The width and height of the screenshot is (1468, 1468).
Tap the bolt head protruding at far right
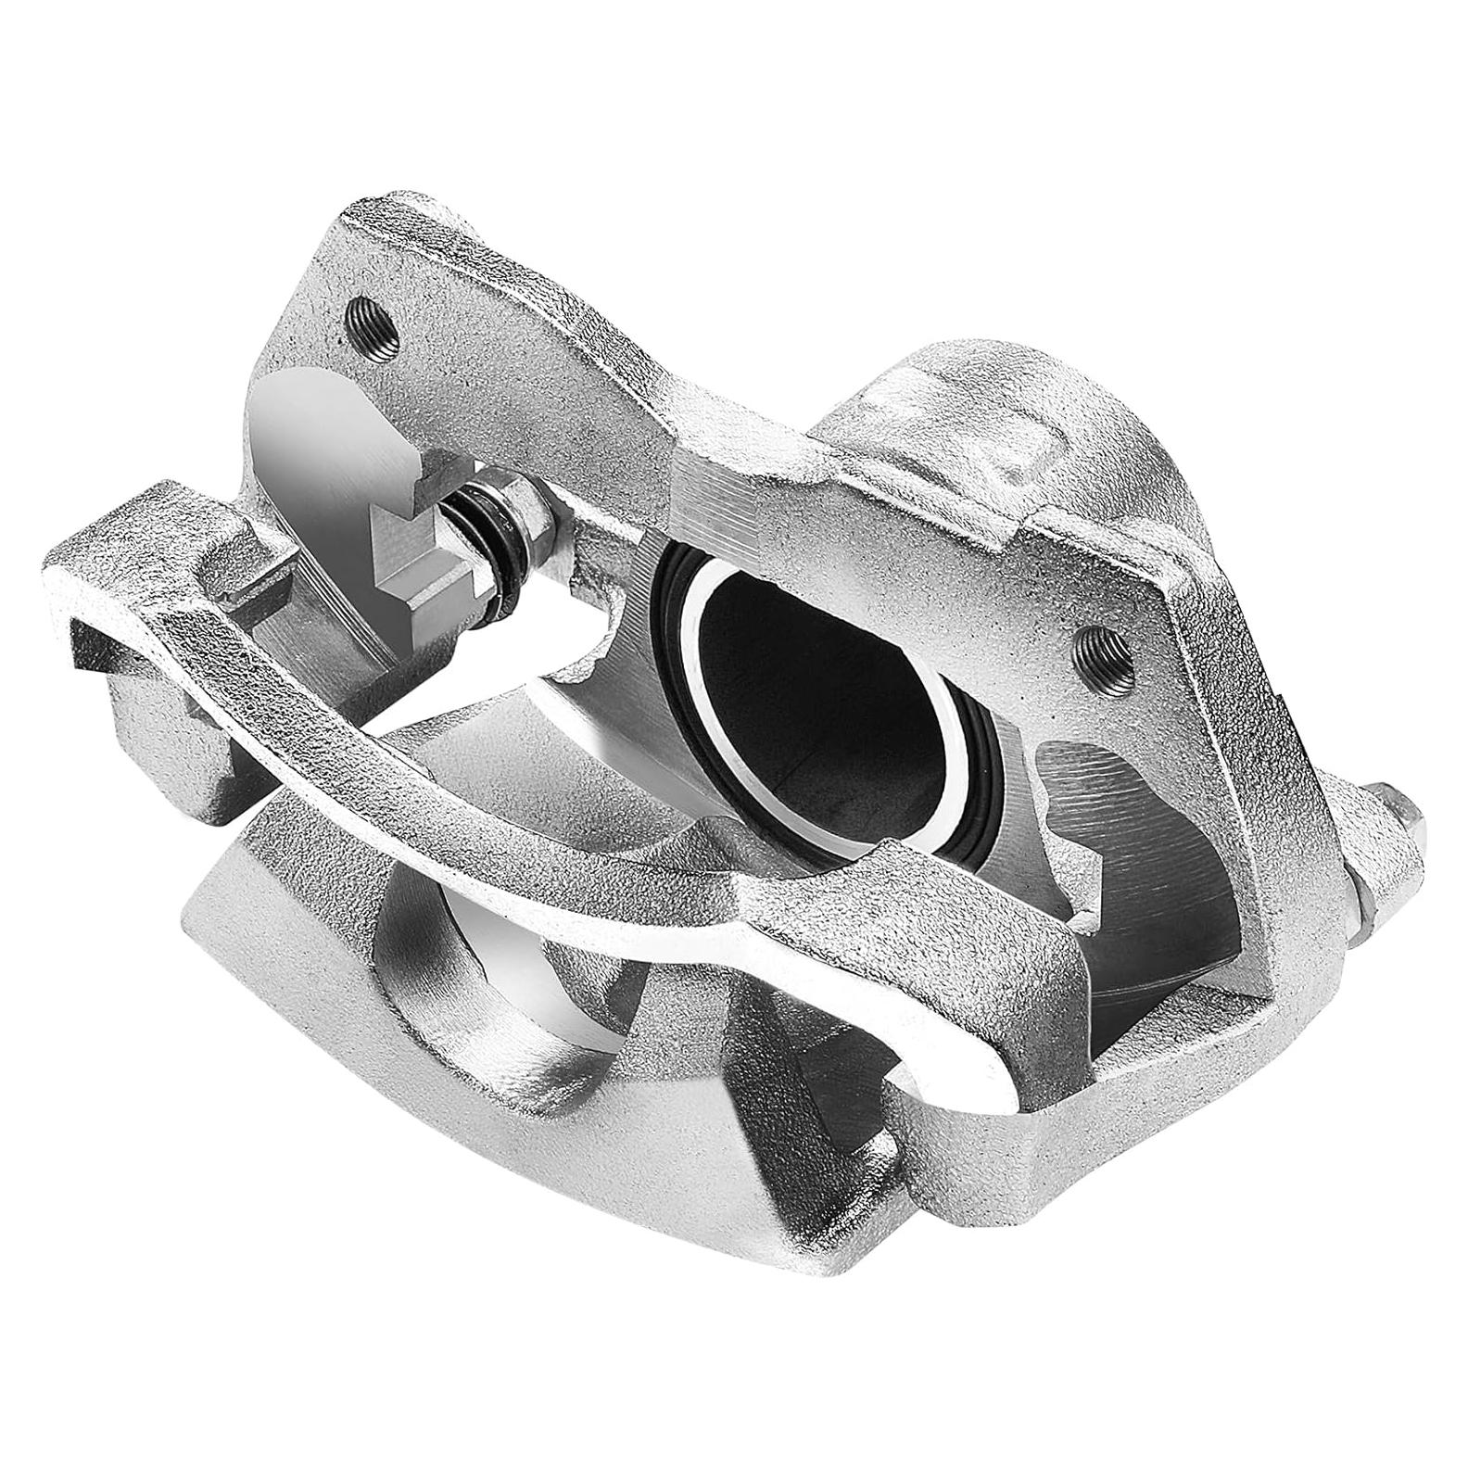point(1390,844)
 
